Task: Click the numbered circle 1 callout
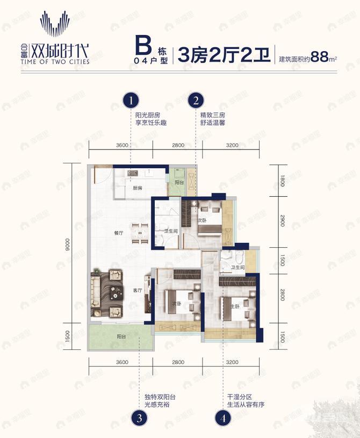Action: tap(131, 100)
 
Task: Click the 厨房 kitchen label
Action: tap(136, 188)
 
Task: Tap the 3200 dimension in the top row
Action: tap(232, 145)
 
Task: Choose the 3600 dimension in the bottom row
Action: tap(121, 362)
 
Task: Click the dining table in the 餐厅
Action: tap(140, 234)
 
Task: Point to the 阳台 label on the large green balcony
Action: tap(122, 336)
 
